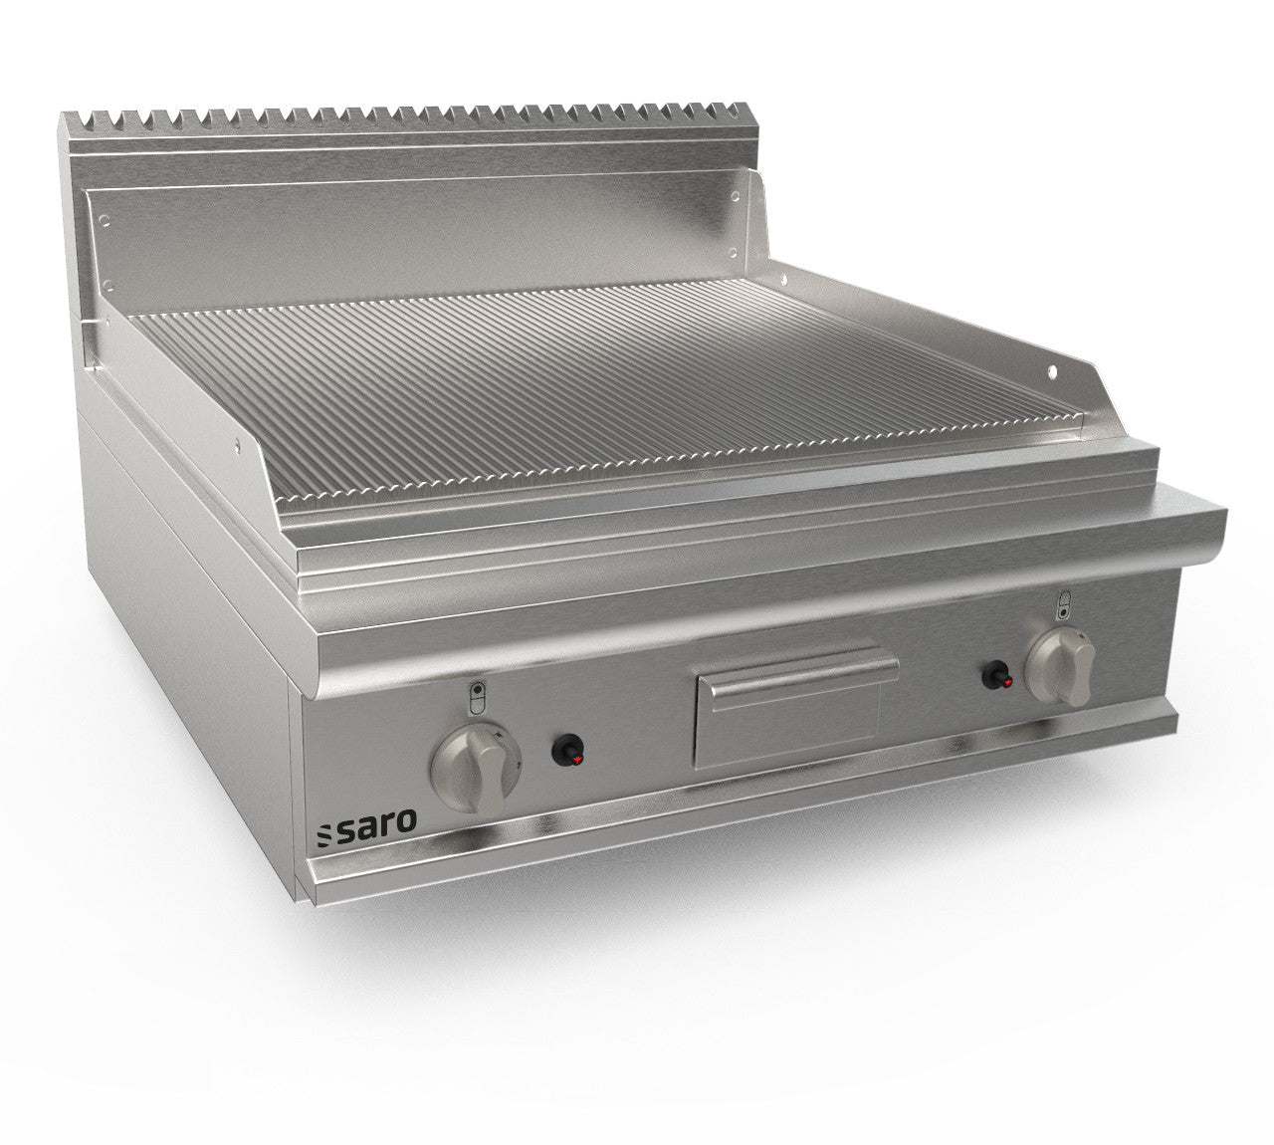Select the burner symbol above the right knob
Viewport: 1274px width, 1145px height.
1063,599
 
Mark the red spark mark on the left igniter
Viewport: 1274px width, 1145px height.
572,759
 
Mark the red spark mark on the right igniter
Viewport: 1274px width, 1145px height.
1007,683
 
